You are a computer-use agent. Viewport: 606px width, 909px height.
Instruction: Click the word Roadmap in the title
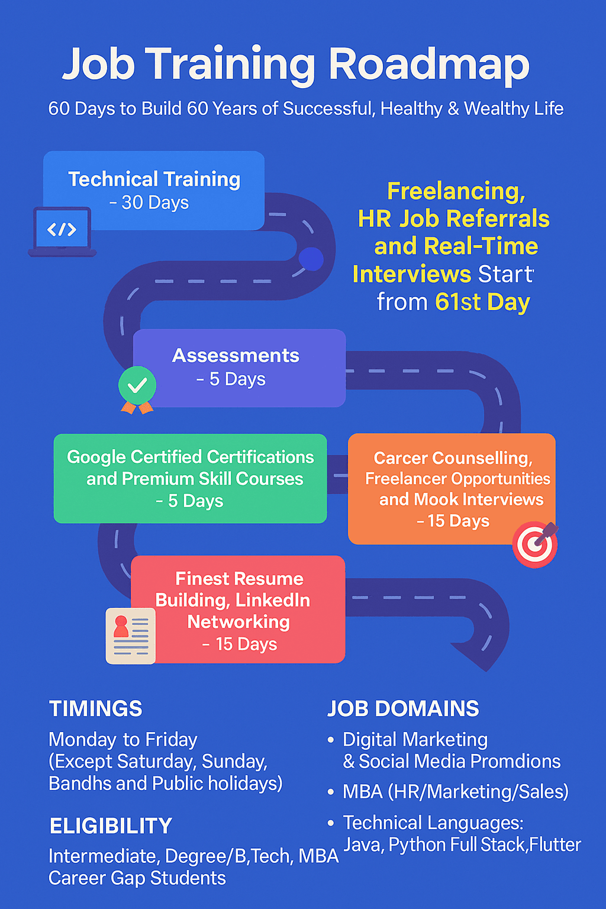click(x=429, y=65)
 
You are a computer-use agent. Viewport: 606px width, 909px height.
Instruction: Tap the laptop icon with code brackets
click(x=62, y=232)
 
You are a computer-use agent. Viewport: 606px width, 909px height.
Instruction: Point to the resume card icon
click(x=130, y=636)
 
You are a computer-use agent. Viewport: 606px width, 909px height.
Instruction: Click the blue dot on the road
click(x=311, y=259)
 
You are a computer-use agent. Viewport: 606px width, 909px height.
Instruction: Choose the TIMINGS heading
click(x=96, y=708)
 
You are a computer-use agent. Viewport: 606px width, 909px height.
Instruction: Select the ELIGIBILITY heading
click(x=111, y=826)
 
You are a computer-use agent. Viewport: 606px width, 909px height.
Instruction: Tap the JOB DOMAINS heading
click(x=403, y=708)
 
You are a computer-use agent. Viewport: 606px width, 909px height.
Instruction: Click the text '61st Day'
click(x=482, y=302)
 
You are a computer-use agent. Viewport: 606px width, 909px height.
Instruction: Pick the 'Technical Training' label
click(x=154, y=179)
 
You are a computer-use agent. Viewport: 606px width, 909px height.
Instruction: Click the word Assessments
click(x=236, y=356)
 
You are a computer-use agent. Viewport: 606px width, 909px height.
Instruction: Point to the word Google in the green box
click(x=96, y=457)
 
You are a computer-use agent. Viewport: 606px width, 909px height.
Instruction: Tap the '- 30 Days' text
click(x=149, y=202)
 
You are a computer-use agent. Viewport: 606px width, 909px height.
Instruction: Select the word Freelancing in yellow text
click(x=456, y=191)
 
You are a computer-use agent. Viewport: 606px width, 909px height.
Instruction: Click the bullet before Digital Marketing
click(x=331, y=740)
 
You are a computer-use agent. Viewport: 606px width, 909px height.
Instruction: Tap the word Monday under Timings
click(x=82, y=740)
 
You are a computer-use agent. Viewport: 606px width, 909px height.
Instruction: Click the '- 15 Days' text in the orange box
click(x=453, y=521)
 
